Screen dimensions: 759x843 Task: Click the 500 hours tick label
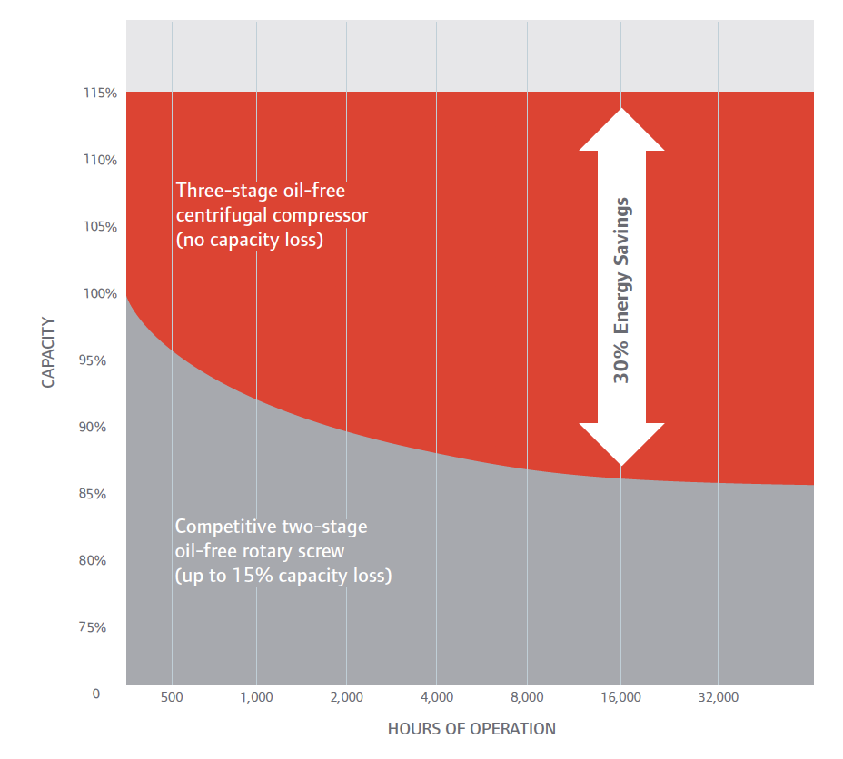click(x=172, y=697)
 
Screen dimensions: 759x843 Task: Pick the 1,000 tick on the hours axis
click(x=256, y=697)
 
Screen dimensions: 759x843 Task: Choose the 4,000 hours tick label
click(x=437, y=697)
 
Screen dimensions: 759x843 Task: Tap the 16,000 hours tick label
click(x=620, y=697)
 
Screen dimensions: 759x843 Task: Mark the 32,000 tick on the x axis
click(x=718, y=697)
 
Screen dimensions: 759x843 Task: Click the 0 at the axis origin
click(x=94, y=694)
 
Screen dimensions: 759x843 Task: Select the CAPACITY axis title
click(x=48, y=352)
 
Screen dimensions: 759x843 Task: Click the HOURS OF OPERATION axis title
click(x=471, y=729)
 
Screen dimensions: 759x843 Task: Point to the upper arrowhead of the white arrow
click(x=621, y=129)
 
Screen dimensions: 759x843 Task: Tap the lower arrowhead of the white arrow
click(x=621, y=444)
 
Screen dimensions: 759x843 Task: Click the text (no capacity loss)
click(x=250, y=241)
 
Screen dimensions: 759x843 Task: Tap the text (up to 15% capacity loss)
click(x=283, y=576)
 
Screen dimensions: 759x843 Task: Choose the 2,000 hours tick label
click(x=346, y=697)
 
